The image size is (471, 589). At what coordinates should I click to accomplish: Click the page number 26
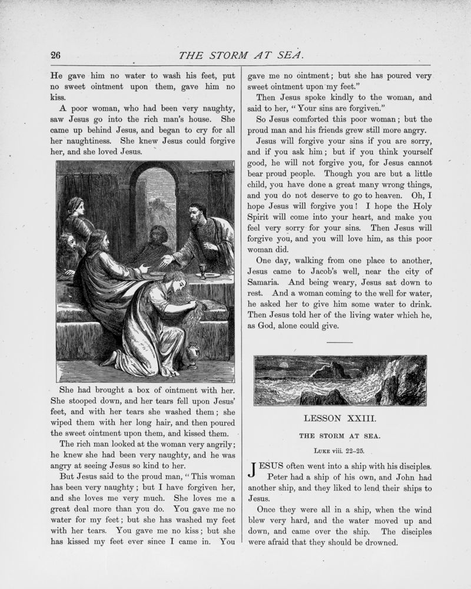click(x=56, y=55)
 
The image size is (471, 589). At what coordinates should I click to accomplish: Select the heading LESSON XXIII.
click(x=340, y=419)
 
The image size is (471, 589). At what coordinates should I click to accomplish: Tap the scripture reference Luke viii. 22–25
click(x=340, y=451)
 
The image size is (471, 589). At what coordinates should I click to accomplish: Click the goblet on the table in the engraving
click(x=203, y=270)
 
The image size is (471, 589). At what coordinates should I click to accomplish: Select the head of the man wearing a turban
click(x=75, y=206)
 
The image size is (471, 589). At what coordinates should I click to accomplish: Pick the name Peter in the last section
click(x=280, y=477)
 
